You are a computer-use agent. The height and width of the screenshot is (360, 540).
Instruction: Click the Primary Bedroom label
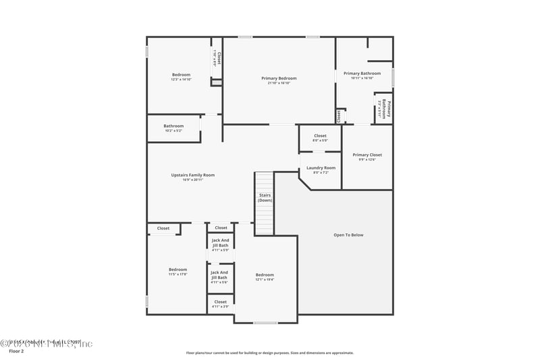click(x=279, y=78)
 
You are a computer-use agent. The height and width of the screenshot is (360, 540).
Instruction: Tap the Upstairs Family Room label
click(x=192, y=175)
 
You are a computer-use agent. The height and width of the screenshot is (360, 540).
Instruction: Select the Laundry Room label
click(x=321, y=168)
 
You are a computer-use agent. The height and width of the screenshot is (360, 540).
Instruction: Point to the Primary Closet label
click(x=367, y=155)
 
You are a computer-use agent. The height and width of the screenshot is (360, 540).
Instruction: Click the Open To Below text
click(x=348, y=235)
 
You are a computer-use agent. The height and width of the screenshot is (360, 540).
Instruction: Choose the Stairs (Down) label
click(x=265, y=197)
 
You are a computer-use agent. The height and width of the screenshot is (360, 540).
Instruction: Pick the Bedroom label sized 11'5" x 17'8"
click(x=178, y=269)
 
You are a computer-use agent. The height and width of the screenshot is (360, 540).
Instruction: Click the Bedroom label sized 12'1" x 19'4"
click(x=265, y=275)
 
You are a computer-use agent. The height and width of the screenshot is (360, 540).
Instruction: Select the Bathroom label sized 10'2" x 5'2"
click(x=173, y=126)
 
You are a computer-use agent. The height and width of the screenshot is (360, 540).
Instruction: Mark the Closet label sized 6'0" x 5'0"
click(x=320, y=136)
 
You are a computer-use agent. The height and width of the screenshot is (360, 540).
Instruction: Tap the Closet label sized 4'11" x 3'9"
click(x=221, y=302)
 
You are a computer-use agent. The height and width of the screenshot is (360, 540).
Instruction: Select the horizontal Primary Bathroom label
click(x=362, y=73)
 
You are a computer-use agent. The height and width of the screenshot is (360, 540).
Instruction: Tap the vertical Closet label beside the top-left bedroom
click(x=219, y=58)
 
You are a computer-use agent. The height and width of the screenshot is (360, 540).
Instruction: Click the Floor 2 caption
click(x=16, y=351)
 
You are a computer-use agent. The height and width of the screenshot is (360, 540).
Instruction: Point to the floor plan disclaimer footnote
click(x=269, y=353)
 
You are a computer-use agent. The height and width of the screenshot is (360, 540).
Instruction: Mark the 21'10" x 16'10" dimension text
click(x=279, y=83)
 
